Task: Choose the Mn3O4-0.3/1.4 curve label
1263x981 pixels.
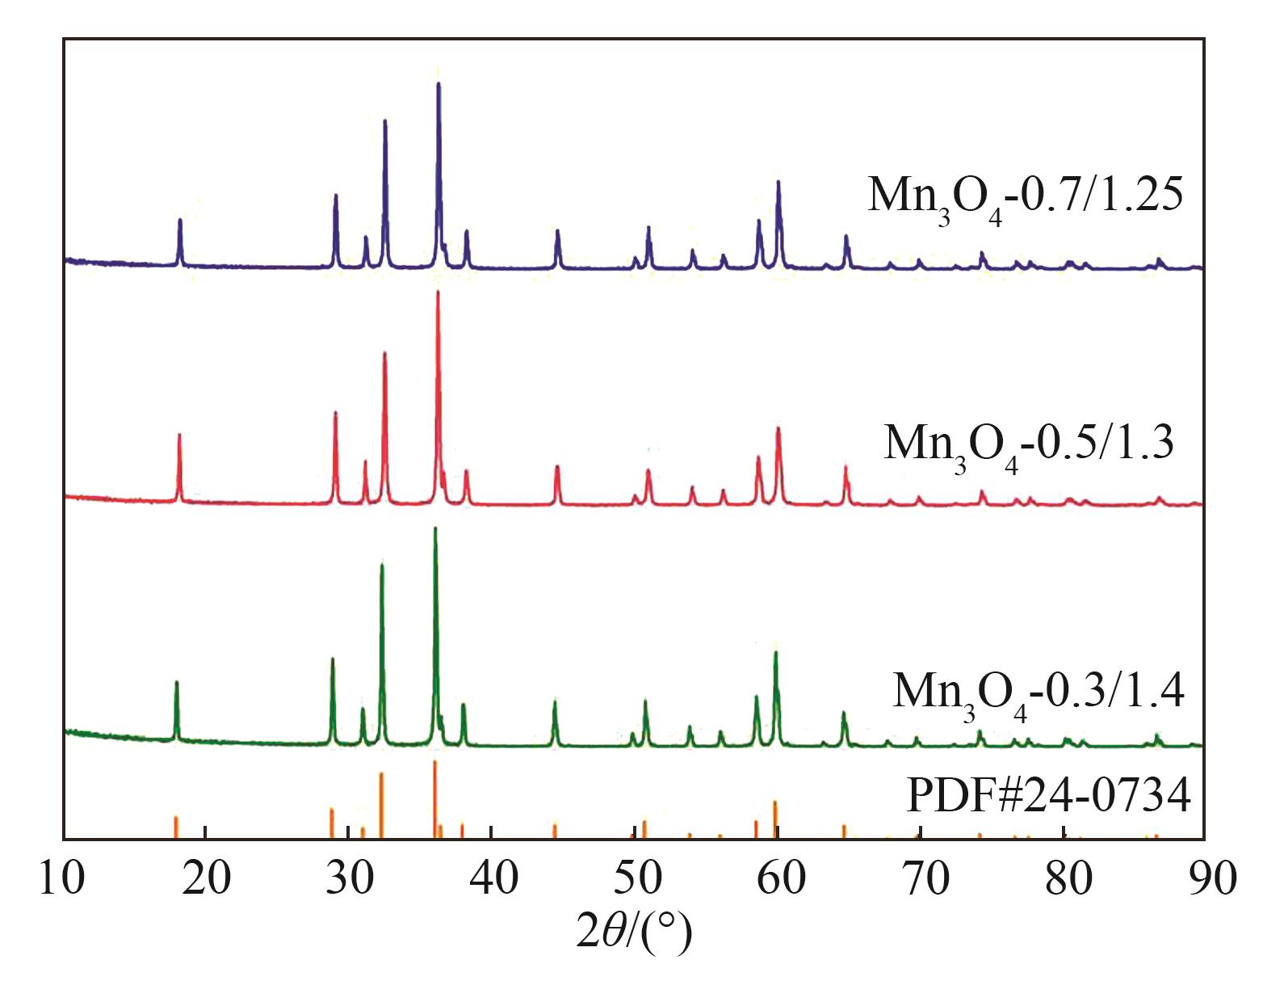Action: click(x=1039, y=692)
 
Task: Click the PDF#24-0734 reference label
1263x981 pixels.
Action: click(x=1049, y=797)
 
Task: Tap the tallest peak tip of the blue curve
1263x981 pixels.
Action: click(x=438, y=84)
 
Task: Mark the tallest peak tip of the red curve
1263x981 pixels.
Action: click(x=438, y=292)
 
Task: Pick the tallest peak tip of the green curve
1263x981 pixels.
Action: click(x=435, y=528)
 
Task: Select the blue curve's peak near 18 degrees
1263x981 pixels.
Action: click(x=180, y=220)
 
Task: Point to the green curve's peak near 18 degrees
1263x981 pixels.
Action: click(x=176, y=683)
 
